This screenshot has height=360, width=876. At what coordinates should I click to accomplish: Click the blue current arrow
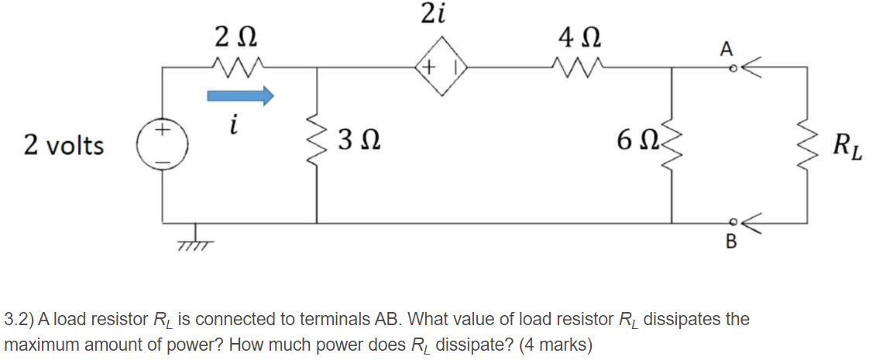(240, 96)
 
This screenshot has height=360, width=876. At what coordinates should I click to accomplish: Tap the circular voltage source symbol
(162, 144)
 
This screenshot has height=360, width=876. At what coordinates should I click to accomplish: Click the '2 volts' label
(64, 144)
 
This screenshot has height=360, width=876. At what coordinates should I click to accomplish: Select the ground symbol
(190, 239)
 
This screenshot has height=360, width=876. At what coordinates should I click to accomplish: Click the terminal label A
(725, 50)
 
